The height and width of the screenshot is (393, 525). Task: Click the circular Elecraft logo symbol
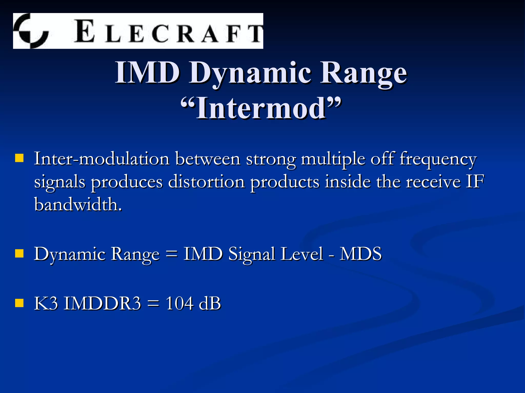click(x=31, y=31)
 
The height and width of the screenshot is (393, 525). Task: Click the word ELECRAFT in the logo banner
click(x=168, y=32)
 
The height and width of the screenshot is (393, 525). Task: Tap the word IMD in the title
click(x=147, y=73)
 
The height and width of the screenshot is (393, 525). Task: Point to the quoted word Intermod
click(x=261, y=108)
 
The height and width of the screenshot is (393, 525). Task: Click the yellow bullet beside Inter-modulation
click(x=19, y=158)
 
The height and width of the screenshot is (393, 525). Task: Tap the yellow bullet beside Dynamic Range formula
click(x=19, y=253)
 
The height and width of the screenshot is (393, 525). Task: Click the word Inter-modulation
click(x=102, y=159)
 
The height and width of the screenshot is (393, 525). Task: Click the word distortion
click(x=206, y=182)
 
